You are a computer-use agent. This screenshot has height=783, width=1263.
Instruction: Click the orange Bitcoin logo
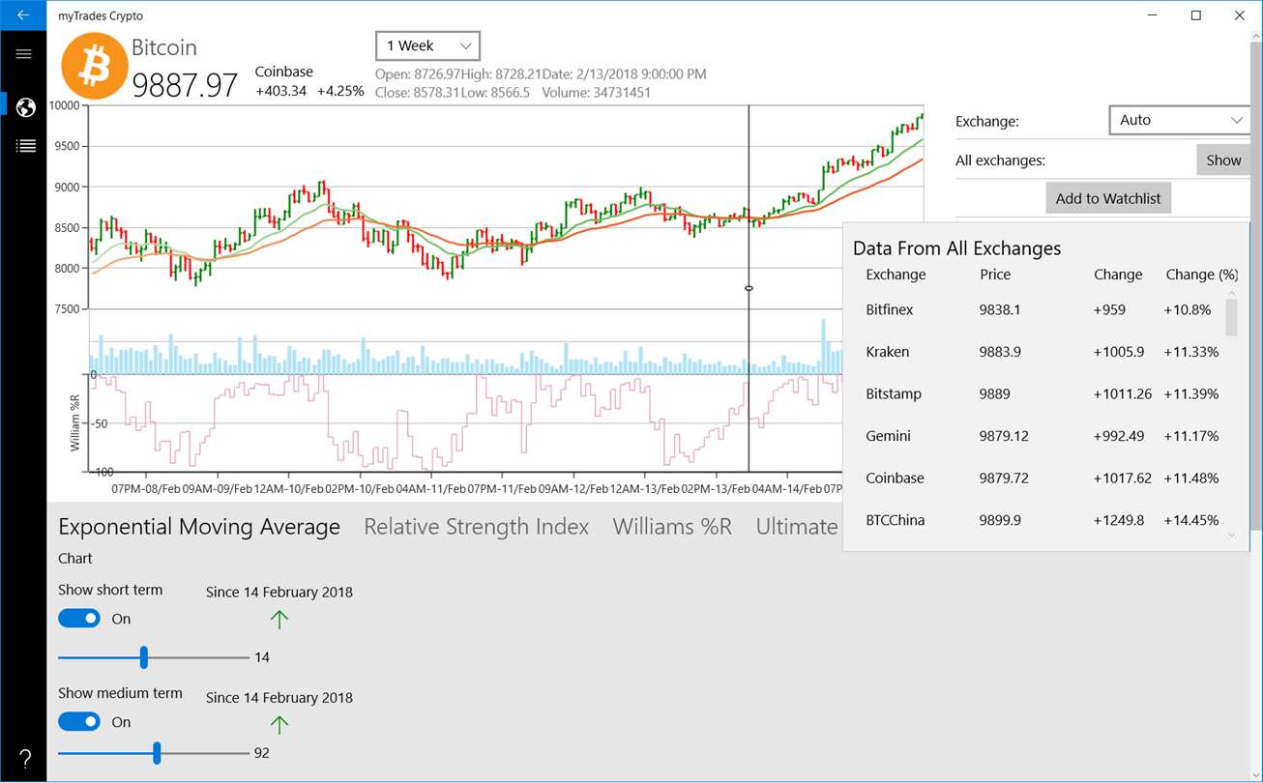(94, 67)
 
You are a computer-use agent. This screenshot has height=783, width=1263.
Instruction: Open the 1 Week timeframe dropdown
(427, 45)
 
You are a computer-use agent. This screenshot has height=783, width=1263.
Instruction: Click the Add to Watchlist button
(1107, 198)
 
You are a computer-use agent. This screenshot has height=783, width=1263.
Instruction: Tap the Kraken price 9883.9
(1000, 352)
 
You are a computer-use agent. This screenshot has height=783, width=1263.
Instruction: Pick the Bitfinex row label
(890, 309)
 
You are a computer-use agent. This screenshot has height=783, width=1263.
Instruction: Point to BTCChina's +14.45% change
(1190, 520)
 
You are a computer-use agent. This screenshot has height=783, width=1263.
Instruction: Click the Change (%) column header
(1202, 275)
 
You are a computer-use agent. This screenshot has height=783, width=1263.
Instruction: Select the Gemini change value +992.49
(1119, 436)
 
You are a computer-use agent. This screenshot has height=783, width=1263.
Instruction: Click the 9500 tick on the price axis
(67, 147)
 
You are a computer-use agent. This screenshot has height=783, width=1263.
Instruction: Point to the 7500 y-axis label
(67, 309)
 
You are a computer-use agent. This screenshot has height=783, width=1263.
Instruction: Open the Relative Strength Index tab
(476, 527)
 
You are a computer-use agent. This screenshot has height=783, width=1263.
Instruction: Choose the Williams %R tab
(672, 527)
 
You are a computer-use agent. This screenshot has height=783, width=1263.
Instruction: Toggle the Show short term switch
(79, 619)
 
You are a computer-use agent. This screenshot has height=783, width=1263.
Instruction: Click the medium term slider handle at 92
(157, 753)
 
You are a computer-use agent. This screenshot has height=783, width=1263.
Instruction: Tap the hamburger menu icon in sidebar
(24, 54)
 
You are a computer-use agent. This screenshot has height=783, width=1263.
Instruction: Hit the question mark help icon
(25, 759)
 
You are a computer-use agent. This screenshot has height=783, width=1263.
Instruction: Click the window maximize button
(1196, 15)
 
